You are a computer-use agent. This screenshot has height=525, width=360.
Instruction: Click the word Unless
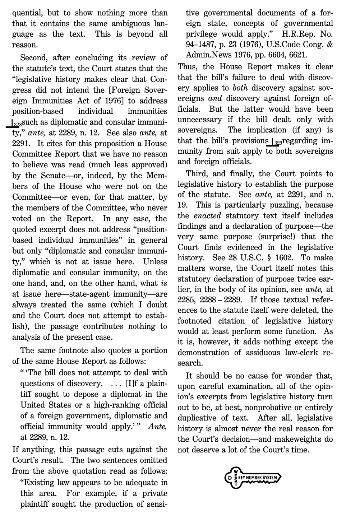tap(155, 262)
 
